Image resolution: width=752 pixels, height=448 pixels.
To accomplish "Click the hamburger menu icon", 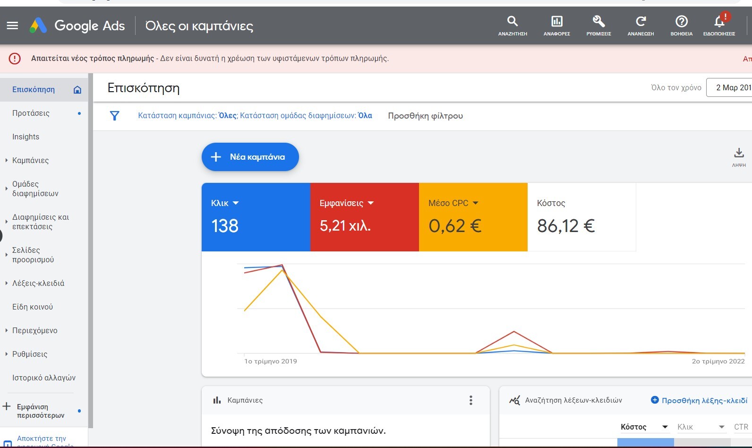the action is [x=12, y=26].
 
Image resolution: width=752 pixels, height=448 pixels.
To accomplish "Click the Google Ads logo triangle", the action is [x=38, y=25].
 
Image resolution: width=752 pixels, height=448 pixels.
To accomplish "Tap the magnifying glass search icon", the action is [x=513, y=21].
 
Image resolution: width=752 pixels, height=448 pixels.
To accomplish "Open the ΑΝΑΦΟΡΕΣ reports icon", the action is [x=556, y=21].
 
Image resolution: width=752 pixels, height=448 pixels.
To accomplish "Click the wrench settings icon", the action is [x=598, y=21].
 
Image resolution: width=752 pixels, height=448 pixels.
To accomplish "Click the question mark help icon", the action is [x=682, y=21].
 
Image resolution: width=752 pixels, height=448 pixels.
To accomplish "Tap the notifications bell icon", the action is [x=719, y=21].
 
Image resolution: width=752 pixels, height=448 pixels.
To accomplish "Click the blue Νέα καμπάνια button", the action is [x=250, y=157].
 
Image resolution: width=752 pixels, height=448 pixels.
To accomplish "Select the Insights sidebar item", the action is [x=26, y=137].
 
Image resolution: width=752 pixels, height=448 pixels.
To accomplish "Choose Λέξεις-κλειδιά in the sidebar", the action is [x=38, y=283].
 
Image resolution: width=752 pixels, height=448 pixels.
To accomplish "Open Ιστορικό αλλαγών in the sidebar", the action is [x=44, y=378].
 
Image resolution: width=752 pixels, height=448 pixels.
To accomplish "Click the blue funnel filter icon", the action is [x=114, y=116].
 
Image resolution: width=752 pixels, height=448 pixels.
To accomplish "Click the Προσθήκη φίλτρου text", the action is [x=425, y=116].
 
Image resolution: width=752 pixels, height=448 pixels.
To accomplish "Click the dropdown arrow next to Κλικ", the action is [x=236, y=203].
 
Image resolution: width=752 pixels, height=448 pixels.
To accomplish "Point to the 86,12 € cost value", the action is [x=566, y=226].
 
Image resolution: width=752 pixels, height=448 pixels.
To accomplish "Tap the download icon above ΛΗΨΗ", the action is [x=739, y=153].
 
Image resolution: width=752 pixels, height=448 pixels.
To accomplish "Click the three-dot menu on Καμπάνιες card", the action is [x=471, y=400].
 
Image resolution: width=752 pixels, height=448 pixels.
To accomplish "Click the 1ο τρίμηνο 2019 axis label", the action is [x=271, y=362].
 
